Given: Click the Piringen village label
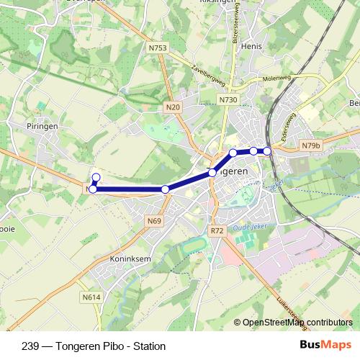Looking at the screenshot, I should [43, 125].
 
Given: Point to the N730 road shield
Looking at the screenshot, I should [228, 100].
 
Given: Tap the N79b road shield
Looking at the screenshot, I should [310, 145].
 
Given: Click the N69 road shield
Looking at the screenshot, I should [154, 220].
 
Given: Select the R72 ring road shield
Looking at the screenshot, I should [217, 231].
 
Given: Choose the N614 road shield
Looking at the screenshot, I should [91, 297].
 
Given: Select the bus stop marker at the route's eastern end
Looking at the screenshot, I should [267, 150].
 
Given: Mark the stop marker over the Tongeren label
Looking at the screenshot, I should [212, 173].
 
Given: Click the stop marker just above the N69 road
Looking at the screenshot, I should [165, 189].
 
